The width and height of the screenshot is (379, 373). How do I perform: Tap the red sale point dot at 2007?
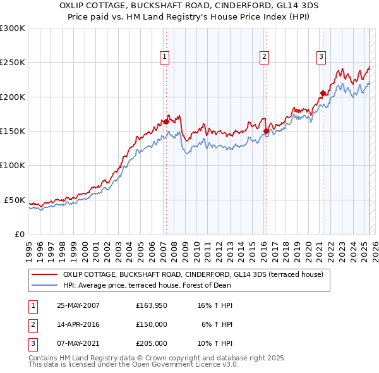coord(165,121)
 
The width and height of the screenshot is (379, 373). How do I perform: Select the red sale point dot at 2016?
coord(266,131)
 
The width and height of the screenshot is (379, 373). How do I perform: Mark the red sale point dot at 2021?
coord(323,93)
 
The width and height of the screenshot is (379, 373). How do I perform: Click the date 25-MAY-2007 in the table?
coord(78,305)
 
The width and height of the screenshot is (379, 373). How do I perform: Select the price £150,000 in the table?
coord(152,324)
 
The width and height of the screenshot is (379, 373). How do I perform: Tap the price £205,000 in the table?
coord(152,343)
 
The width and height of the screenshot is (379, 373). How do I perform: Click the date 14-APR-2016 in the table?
coord(78,324)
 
